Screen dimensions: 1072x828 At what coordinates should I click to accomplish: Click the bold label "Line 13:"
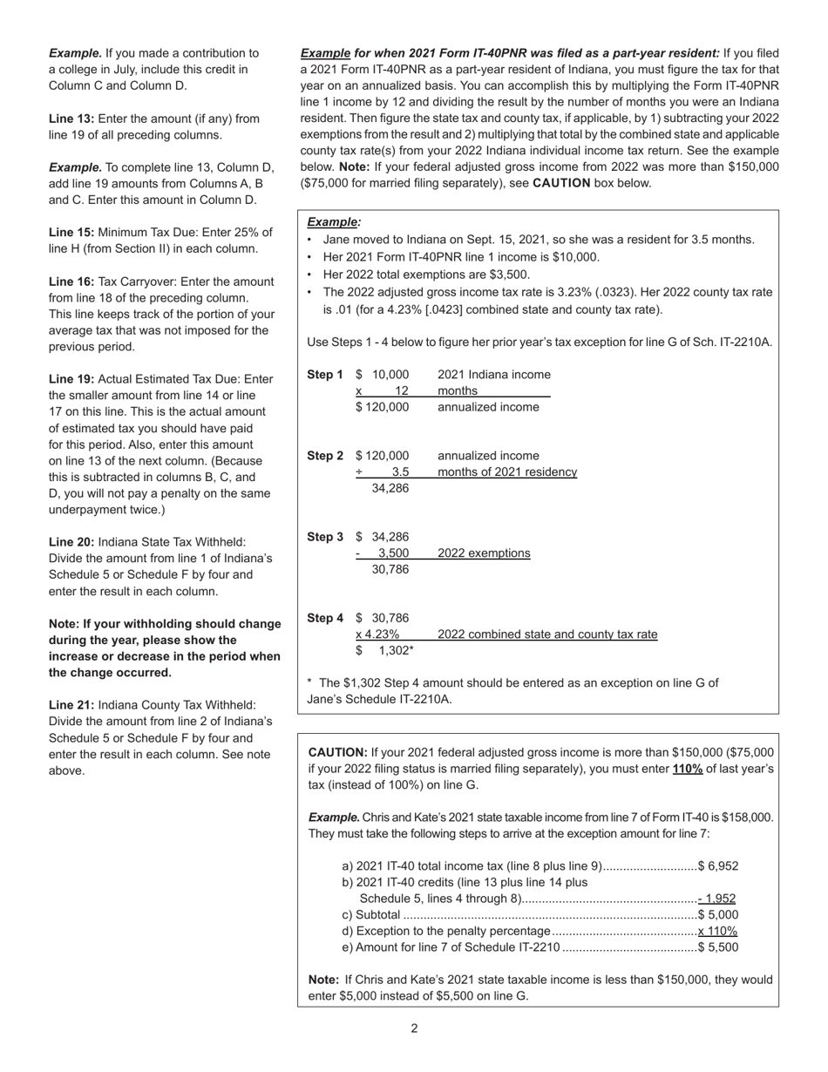71,119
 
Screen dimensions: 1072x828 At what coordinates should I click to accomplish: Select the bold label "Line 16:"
71,282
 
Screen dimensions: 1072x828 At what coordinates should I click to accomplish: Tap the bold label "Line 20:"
71,542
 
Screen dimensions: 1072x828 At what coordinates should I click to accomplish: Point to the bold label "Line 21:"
71,705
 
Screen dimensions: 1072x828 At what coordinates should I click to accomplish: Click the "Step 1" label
325,375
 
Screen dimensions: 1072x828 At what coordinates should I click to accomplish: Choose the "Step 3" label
325,537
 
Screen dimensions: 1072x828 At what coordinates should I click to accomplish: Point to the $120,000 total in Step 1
382,407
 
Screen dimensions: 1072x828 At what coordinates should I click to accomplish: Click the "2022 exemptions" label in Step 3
484,553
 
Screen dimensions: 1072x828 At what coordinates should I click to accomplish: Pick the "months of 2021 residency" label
507,472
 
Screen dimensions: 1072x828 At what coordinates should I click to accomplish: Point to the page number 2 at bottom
414,1028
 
